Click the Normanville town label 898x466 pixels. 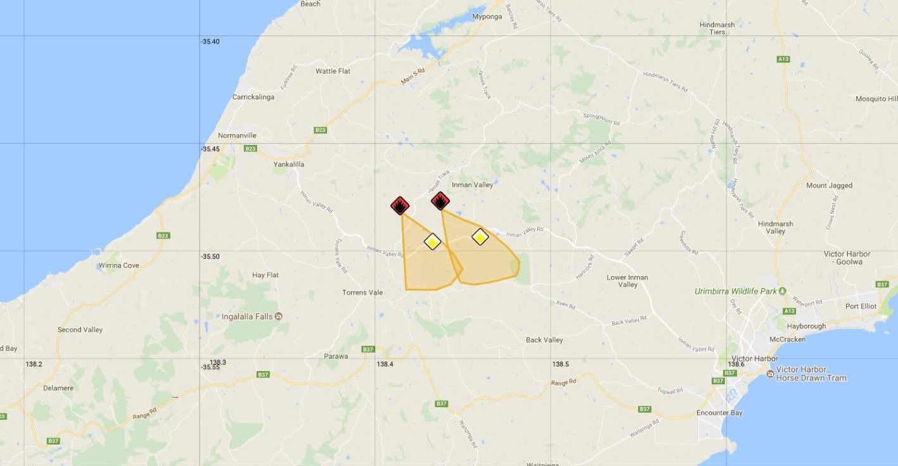click(237, 135)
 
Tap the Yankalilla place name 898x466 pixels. click(289, 164)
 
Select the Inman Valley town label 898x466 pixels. click(472, 185)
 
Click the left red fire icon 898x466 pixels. click(400, 205)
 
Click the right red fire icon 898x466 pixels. click(440, 201)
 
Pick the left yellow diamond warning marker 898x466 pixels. click(432, 241)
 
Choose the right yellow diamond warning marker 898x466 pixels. click(480, 237)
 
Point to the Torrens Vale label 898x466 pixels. click(362, 293)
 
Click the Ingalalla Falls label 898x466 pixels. click(247, 316)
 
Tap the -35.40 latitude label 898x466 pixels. click(210, 41)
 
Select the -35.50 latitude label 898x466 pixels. click(210, 256)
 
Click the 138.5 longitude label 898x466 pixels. click(560, 364)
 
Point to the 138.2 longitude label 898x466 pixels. click(34, 364)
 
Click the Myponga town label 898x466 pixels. click(489, 16)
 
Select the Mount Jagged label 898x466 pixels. click(829, 186)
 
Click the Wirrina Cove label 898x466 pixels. click(119, 265)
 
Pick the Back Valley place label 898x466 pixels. click(544, 340)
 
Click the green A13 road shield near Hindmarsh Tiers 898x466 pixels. click(783, 59)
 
